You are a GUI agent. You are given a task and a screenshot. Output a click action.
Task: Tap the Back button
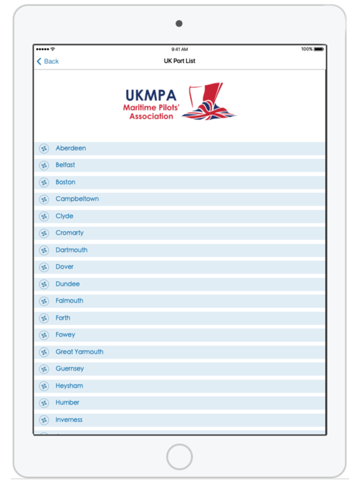(x=47, y=61)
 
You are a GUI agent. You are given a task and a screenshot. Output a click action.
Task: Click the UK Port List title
(x=179, y=61)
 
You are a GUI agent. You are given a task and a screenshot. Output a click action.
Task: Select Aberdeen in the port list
(x=71, y=149)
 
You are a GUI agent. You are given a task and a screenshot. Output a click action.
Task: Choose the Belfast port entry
(x=65, y=165)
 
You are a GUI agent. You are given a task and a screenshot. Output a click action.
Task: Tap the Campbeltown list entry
(x=77, y=199)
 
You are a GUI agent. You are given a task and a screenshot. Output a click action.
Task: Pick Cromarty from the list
(x=69, y=233)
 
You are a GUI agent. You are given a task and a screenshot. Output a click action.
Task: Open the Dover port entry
(x=64, y=267)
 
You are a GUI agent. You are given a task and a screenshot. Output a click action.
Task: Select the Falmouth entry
(x=69, y=301)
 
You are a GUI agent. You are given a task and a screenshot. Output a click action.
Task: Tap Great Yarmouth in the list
(x=79, y=352)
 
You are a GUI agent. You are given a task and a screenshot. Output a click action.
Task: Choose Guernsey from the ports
(x=69, y=369)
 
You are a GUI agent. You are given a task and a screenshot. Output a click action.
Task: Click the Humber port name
(x=67, y=402)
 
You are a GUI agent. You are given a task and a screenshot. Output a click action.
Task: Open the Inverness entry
(x=69, y=420)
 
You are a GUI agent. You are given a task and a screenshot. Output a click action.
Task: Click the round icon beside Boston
(x=44, y=182)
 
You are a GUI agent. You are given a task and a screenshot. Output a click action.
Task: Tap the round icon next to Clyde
(x=44, y=216)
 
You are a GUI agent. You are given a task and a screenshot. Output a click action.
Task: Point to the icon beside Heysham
(x=44, y=386)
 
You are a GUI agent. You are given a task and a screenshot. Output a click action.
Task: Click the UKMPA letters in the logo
(x=151, y=96)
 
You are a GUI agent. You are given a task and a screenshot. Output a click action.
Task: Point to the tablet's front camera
(x=179, y=24)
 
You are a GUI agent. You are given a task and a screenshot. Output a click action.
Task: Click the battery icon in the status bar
(x=319, y=49)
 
